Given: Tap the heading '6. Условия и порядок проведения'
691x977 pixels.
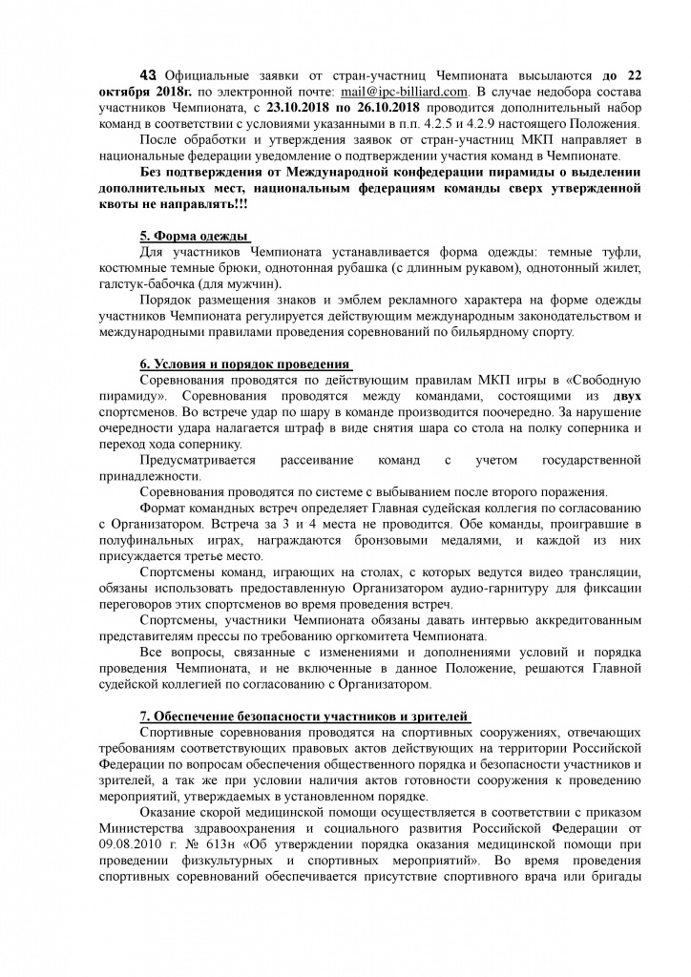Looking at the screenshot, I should [x=245, y=364].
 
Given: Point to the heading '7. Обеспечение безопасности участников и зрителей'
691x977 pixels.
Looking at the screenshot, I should [x=304, y=717].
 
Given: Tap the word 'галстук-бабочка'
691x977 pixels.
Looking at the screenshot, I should [x=149, y=284].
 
